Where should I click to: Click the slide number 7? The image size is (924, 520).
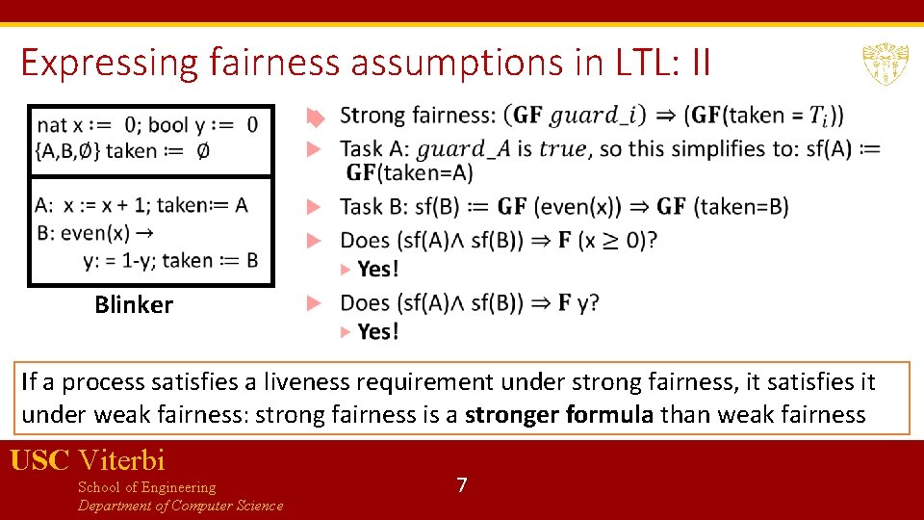point(462,485)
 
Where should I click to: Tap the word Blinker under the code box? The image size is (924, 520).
point(134,305)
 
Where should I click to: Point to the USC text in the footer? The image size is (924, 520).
point(39,460)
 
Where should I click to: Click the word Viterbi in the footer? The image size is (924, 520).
point(121,460)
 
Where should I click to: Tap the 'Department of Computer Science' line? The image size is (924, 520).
point(180,506)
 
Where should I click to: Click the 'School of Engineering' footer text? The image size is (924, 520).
point(146,487)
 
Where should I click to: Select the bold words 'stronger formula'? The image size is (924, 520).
point(545,414)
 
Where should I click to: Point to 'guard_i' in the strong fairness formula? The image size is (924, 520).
point(598,116)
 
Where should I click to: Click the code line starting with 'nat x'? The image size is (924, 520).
point(147,125)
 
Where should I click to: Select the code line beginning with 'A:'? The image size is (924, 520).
point(141,205)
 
